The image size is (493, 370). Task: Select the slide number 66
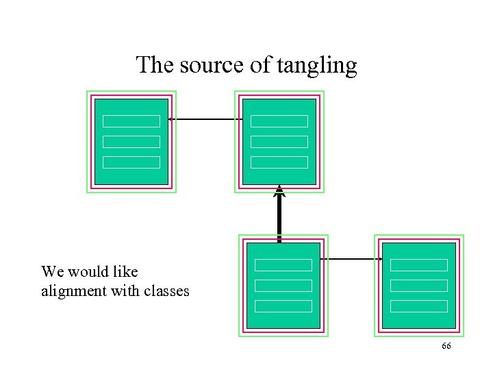tap(446, 347)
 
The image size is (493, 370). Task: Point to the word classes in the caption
tap(166, 291)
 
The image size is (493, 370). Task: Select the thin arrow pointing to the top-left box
tap(205, 120)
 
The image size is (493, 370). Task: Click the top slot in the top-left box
tap(131, 121)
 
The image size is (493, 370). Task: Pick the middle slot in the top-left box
tap(131, 142)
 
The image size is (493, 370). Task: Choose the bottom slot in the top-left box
tap(131, 162)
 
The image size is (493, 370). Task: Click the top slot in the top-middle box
tap(279, 121)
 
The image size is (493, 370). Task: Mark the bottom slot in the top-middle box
tap(279, 162)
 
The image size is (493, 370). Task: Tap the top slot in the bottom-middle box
tap(283, 265)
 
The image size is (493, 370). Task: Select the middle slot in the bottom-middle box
tap(283, 286)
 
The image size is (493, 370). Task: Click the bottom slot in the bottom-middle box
tap(283, 306)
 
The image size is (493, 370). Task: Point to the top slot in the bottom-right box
tap(418, 265)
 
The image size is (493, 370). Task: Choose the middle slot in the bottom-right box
tap(418, 286)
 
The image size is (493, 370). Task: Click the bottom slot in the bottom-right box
tap(418, 306)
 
